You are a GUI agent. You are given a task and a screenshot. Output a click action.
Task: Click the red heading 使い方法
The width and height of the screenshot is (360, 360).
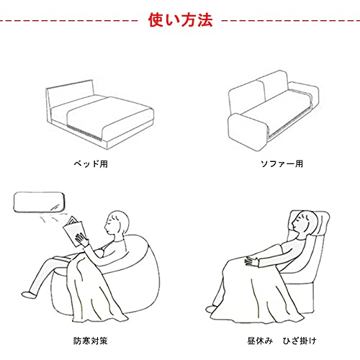pos(180,20)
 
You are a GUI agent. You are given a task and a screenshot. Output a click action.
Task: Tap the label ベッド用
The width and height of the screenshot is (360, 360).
pos(91,164)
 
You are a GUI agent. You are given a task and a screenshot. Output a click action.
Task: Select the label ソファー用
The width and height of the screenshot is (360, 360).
pos(282,164)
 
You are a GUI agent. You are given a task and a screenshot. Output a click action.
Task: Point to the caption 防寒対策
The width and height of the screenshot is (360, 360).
pos(90,341)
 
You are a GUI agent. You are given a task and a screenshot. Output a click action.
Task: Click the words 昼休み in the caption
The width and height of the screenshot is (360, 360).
pos(260,341)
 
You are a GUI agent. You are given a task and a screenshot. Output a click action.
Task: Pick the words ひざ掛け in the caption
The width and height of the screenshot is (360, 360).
pos(300,341)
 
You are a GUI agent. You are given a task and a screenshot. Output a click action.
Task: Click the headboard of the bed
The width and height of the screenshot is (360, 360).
pos(70,95)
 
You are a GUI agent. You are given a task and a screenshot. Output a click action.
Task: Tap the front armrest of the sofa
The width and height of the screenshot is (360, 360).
pos(248,132)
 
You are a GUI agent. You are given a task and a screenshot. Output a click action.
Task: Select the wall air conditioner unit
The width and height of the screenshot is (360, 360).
pos(39,202)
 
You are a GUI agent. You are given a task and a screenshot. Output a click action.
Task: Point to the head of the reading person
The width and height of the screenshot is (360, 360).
pos(117,222)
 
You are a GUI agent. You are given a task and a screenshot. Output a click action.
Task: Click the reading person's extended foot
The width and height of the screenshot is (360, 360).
pos(30,294)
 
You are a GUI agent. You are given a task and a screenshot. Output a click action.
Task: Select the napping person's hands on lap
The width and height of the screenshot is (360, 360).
pos(251,261)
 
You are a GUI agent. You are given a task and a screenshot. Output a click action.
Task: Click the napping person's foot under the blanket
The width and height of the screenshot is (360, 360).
pos(211,309)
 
